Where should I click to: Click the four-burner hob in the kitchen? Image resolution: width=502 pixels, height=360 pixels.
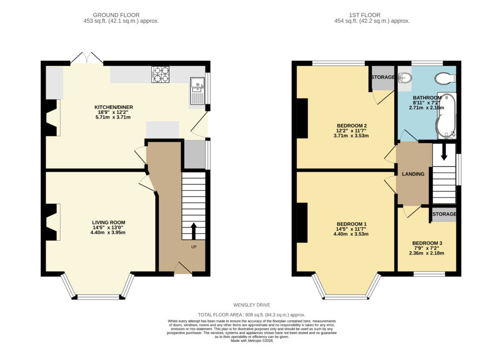tap(160, 75)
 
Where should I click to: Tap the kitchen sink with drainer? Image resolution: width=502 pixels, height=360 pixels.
tap(198, 91)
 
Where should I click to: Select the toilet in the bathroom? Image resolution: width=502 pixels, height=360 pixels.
tap(445, 78)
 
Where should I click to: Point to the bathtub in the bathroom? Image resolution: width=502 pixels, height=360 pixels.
tap(447, 116)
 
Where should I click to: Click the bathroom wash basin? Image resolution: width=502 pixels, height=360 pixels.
tap(404, 77)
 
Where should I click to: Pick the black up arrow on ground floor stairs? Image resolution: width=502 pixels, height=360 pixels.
tap(194, 231)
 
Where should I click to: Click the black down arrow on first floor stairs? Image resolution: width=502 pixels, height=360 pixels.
tap(444, 152)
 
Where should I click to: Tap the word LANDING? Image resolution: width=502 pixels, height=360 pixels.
tap(413, 174)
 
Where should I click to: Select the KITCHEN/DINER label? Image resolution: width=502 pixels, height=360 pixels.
tap(114, 107)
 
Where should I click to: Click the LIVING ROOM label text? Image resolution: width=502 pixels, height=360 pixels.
tap(108, 222)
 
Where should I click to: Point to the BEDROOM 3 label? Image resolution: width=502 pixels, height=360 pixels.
tap(427, 243)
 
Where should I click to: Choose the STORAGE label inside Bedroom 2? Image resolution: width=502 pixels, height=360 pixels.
tap(383, 77)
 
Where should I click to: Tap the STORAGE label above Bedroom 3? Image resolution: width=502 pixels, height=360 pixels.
tap(444, 214)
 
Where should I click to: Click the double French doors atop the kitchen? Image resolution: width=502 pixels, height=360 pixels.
tap(87, 58)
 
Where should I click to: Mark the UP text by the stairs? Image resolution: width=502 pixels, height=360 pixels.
tap(194, 247)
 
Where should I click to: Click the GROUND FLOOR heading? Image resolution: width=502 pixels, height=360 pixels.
tap(116, 15)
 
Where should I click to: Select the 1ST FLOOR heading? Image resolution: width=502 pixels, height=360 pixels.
tap(365, 15)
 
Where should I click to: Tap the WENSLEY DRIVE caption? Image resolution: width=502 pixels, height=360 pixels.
tap(251, 305)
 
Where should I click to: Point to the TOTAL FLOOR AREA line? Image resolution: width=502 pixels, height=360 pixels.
tap(251, 315)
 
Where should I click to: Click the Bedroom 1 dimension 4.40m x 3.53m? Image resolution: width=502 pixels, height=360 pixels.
tap(351, 234)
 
